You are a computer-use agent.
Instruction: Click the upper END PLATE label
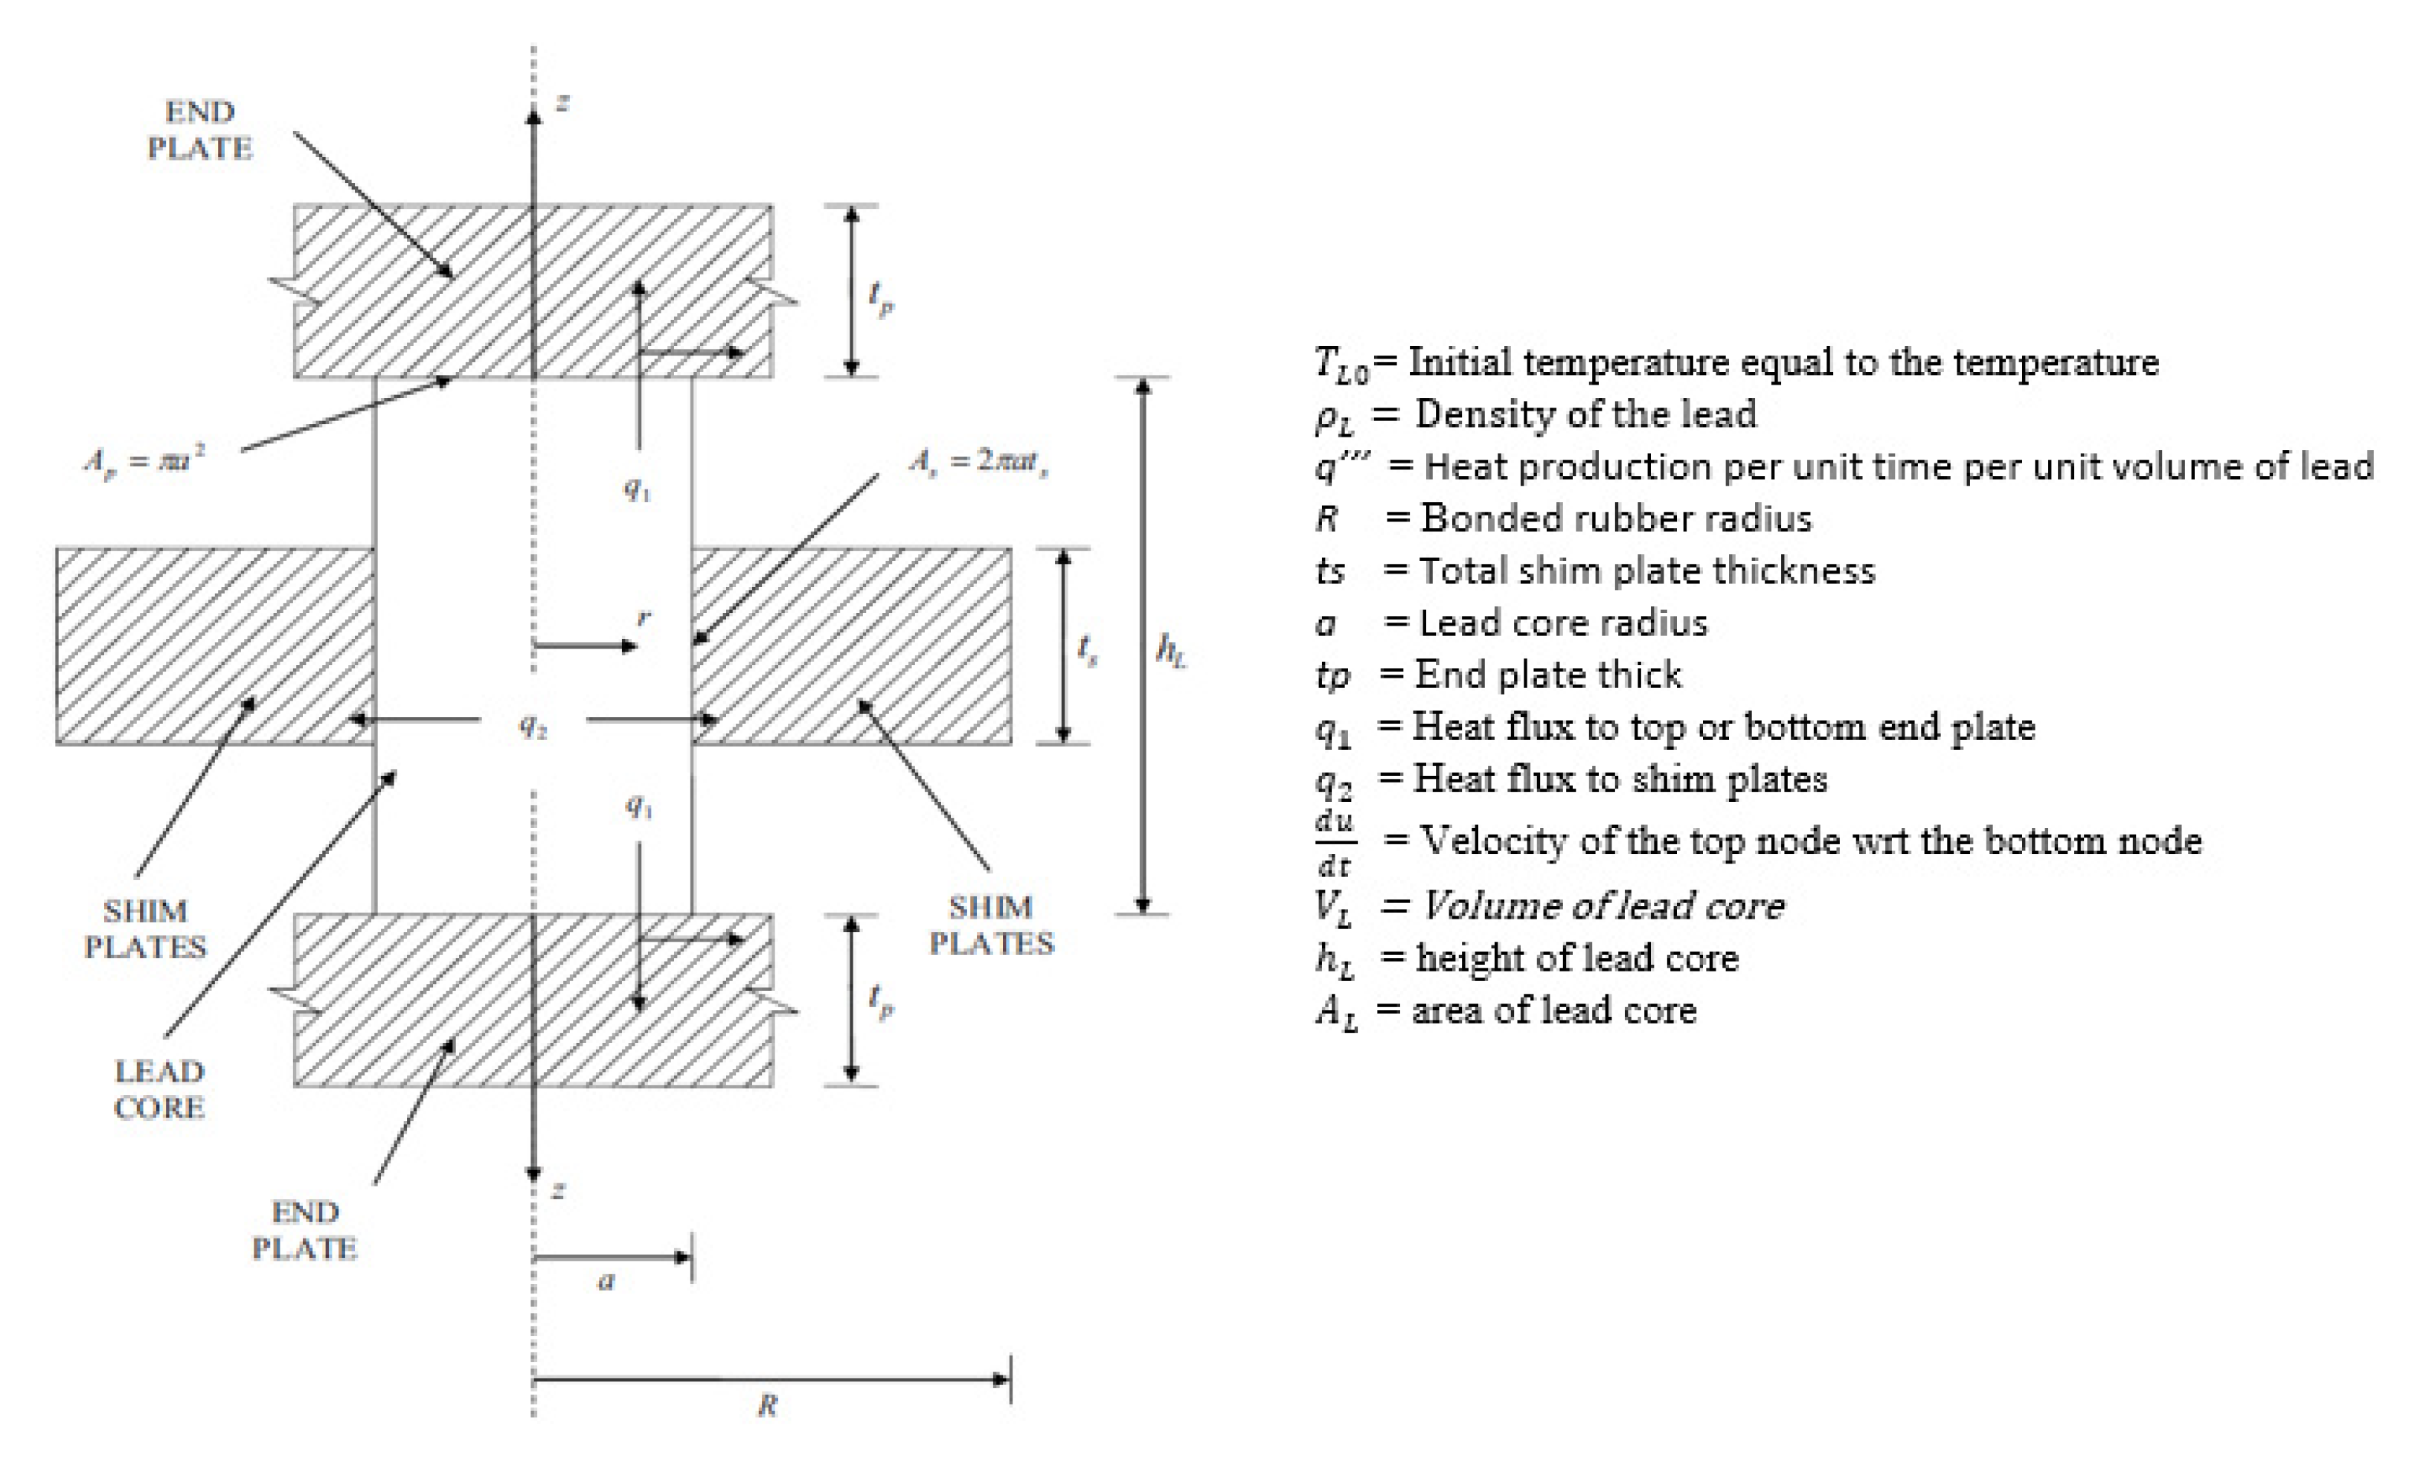click(200, 129)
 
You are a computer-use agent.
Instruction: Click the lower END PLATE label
click(305, 1230)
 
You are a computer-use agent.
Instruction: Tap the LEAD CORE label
click(158, 1089)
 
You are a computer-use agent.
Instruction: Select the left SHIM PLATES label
click(145, 928)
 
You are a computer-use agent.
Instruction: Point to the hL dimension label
click(1171, 649)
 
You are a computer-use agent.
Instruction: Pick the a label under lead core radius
click(606, 1280)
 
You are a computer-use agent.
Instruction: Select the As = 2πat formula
click(978, 460)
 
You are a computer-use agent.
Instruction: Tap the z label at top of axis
click(562, 102)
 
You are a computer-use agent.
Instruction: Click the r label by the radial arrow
click(644, 617)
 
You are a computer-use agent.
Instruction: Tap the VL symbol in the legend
click(1333, 907)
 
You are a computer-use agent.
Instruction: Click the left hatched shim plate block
click(214, 646)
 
